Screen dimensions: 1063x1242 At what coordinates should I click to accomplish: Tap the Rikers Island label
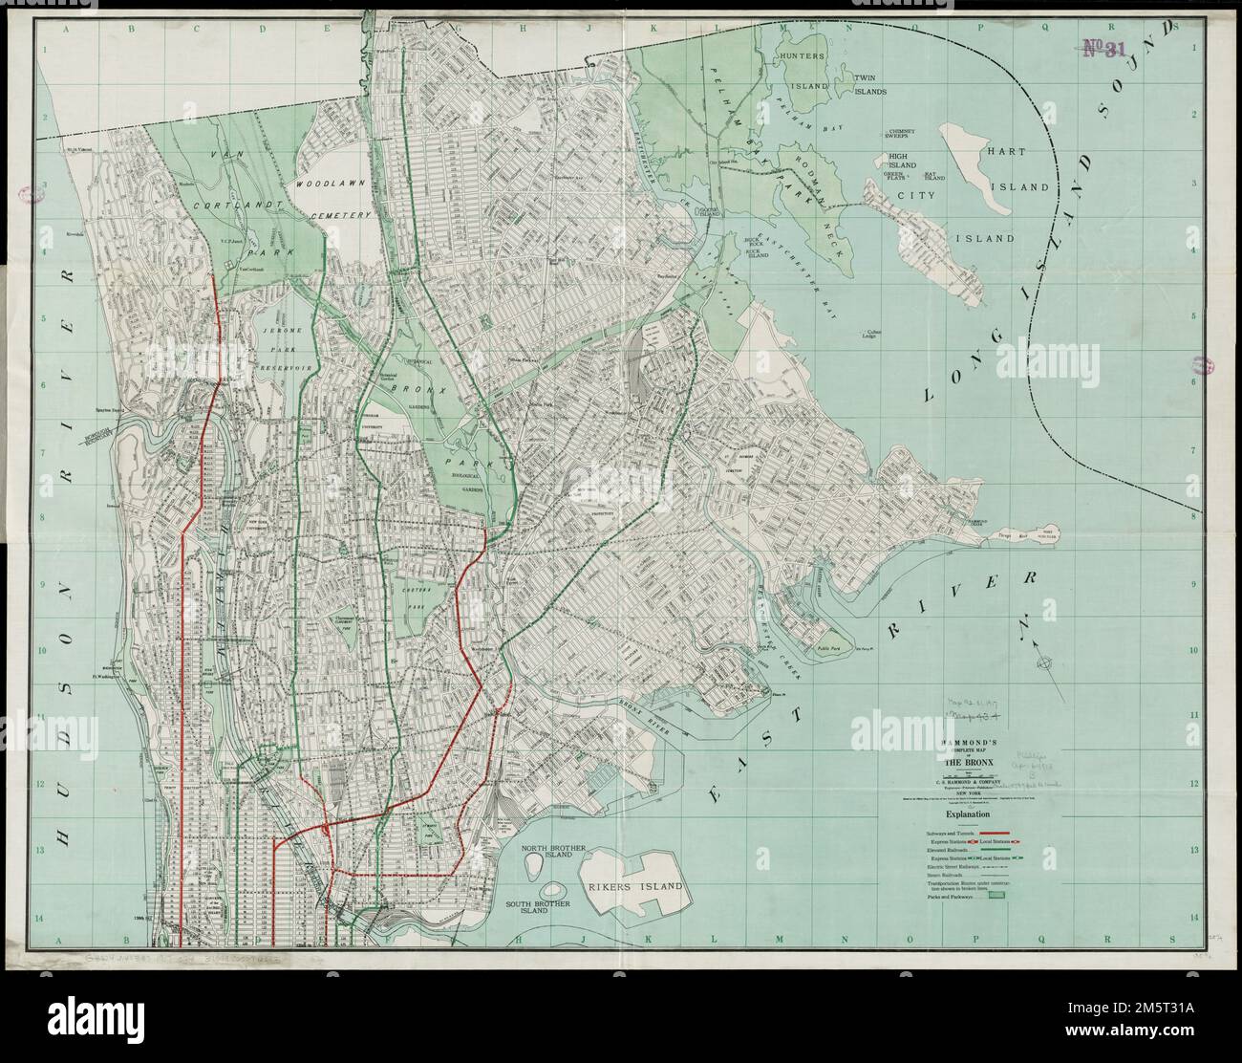point(637,886)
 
